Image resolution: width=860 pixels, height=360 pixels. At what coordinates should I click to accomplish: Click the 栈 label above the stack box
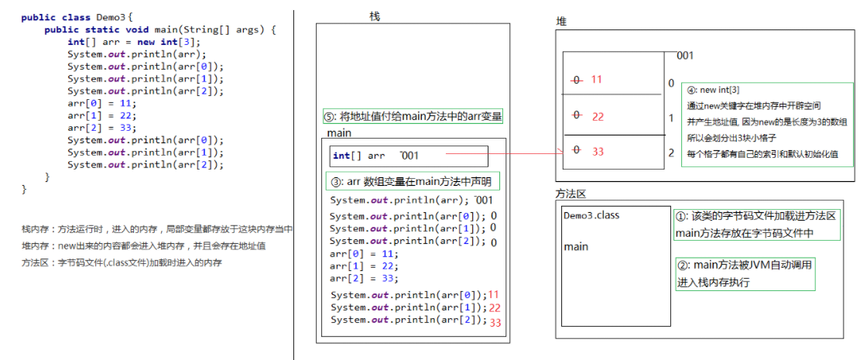coord(375,16)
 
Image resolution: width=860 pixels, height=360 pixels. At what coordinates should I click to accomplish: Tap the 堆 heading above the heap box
coord(561,22)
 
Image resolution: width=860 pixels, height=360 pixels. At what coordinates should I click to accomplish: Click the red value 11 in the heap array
coord(597,80)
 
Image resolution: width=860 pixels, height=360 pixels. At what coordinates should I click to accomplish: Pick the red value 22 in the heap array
coord(599,116)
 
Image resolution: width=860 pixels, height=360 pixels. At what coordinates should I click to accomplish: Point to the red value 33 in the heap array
coord(598,152)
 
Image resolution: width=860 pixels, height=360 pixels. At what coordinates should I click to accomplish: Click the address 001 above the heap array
coord(685,56)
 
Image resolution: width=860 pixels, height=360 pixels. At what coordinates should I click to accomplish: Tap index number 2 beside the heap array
coord(671,153)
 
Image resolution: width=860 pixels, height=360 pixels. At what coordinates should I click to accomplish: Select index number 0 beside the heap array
coord(671,83)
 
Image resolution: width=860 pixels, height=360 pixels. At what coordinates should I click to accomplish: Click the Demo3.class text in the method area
coord(591,215)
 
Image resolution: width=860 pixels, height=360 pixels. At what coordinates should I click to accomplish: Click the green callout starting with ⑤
coord(413,116)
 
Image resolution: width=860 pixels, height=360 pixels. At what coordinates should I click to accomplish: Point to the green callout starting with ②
coord(745,273)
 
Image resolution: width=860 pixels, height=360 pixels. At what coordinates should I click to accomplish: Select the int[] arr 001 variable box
coord(409,156)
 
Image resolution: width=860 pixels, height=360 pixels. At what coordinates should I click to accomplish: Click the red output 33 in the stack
coord(495,323)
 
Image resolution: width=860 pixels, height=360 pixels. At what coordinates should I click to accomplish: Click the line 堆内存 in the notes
coord(144,246)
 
